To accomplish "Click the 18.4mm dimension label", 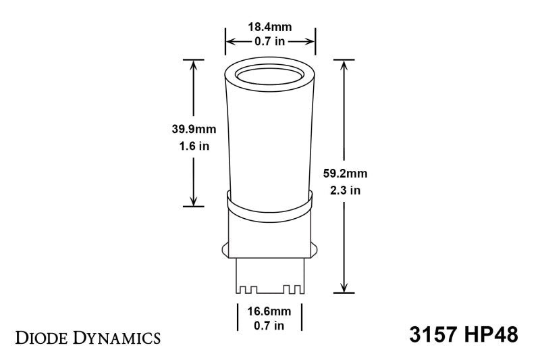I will (x=270, y=28).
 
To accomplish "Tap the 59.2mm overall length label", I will (x=345, y=173).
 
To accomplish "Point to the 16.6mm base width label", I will (x=269, y=311).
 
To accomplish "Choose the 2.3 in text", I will (x=345, y=190).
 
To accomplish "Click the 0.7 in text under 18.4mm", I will (x=270, y=42).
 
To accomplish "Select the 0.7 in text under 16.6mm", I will (x=269, y=326).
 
